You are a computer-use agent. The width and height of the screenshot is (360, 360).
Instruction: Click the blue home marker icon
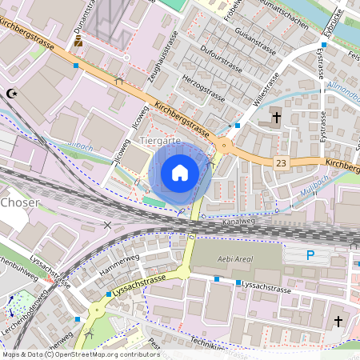point(180,172)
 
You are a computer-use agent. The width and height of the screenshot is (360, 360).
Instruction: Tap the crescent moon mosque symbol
point(11,94)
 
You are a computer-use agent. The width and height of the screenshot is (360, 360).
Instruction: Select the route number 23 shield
point(280,162)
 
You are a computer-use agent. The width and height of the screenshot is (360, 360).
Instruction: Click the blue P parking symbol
point(311,255)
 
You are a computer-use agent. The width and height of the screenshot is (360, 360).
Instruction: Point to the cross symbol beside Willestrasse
point(276,117)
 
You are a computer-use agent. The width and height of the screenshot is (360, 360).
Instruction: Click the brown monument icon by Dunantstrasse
point(78,42)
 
